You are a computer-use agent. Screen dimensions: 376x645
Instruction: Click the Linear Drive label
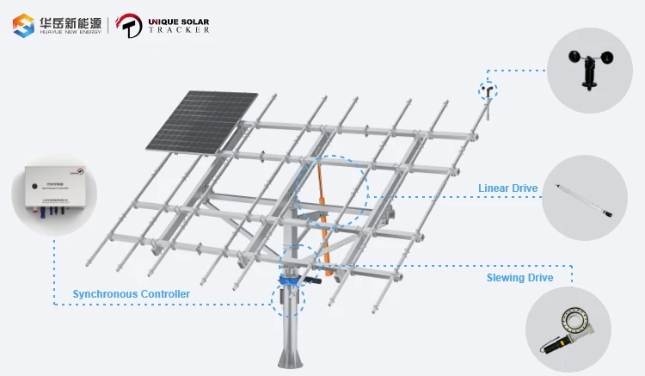(x=507, y=188)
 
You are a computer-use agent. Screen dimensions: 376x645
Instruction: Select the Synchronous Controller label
(x=131, y=294)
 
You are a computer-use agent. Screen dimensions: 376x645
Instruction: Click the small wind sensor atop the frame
(x=488, y=91)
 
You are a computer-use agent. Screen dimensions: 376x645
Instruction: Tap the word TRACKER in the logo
(x=179, y=29)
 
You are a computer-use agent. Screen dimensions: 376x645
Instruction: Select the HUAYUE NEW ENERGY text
(x=70, y=31)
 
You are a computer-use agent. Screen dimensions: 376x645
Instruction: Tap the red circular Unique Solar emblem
(x=129, y=25)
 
